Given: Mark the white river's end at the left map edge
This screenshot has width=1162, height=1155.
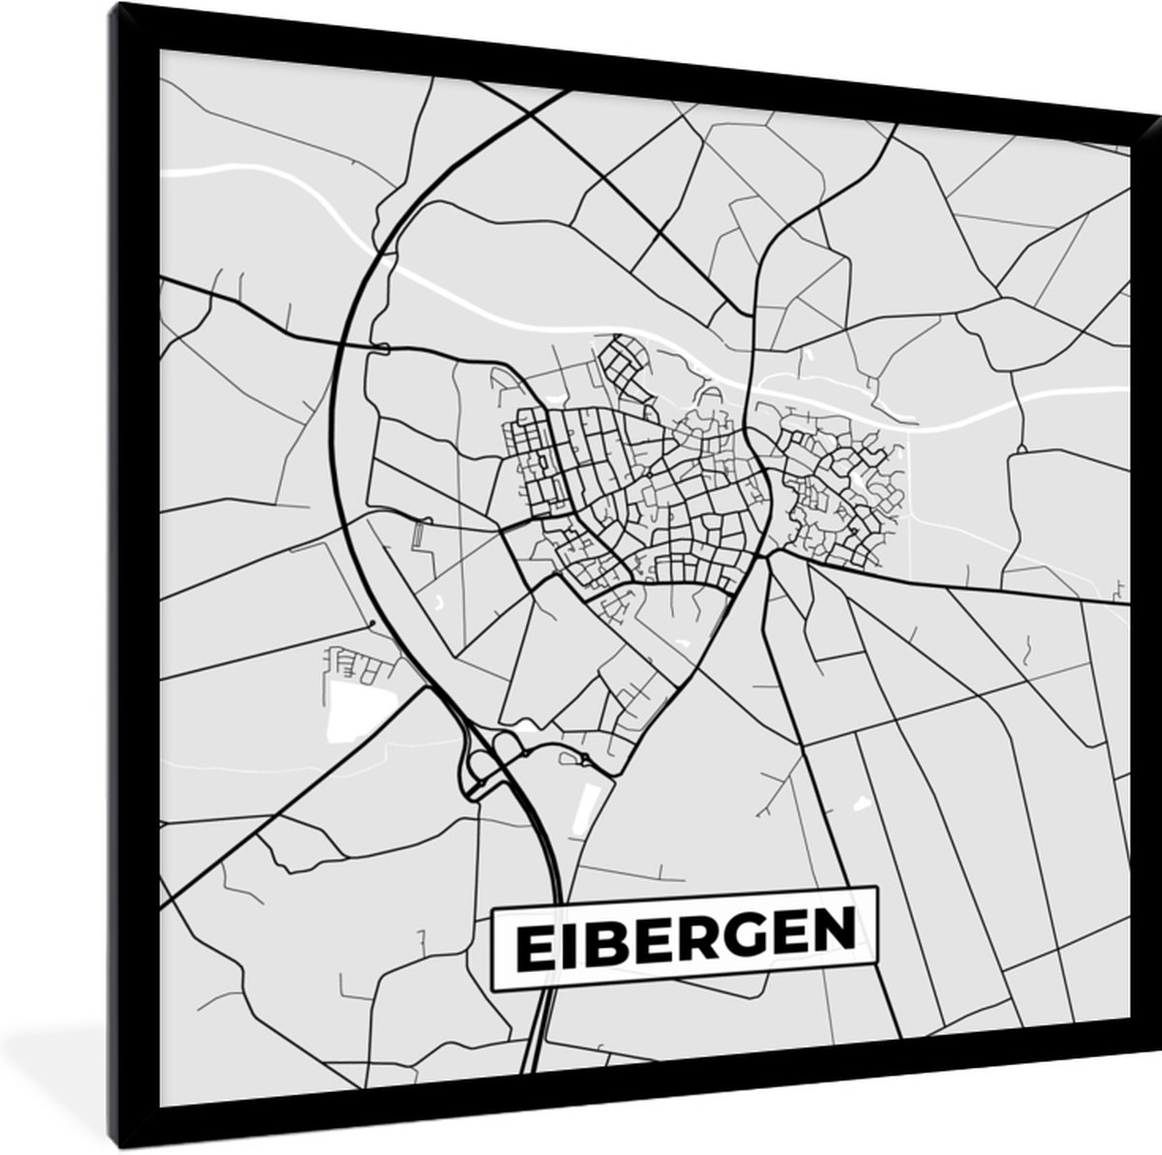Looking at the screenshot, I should [x=162, y=173].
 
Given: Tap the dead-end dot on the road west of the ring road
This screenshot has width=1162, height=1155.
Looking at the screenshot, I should [x=372, y=623].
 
